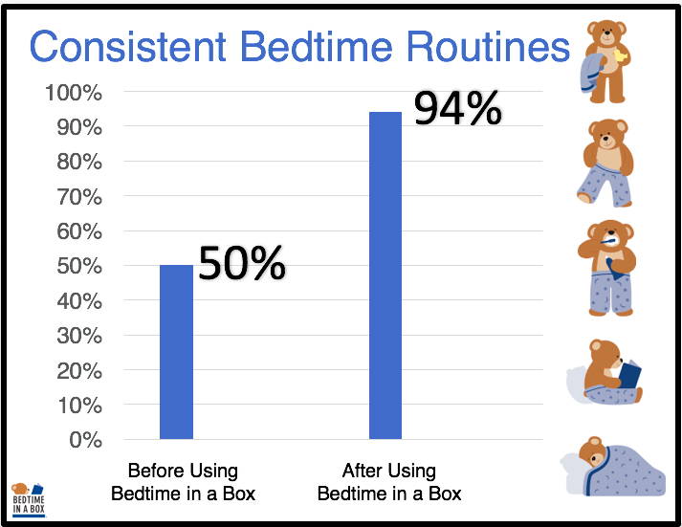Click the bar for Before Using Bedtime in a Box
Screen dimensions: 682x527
(176, 352)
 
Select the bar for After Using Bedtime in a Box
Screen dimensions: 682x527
(385, 275)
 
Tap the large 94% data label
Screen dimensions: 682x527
(457, 108)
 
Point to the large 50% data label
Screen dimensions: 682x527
(242, 263)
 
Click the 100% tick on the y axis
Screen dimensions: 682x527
(74, 93)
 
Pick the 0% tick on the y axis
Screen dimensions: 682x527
(86, 440)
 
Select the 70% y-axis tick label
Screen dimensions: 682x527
(79, 197)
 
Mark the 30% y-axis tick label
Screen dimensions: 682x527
(79, 336)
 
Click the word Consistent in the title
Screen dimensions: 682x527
(128, 46)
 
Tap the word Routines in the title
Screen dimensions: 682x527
(488, 46)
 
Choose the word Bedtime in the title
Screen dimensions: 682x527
(317, 46)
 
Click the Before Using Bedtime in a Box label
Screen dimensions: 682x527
(183, 482)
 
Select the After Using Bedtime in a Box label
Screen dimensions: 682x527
(389, 482)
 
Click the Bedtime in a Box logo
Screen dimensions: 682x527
(29, 499)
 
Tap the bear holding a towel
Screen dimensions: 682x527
(605, 61)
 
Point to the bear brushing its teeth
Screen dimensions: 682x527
(607, 268)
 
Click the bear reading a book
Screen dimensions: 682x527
(605, 372)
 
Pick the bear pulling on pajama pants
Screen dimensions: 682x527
(605, 163)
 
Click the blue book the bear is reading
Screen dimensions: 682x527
(629, 374)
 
